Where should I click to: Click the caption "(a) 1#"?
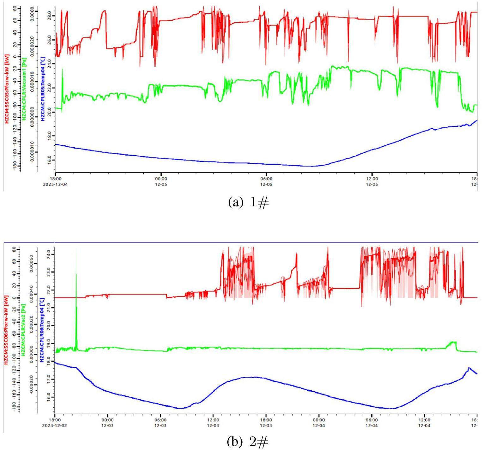coord(248,203)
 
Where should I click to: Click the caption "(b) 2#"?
coord(248,442)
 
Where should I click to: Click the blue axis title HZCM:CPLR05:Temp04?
coord(43,89)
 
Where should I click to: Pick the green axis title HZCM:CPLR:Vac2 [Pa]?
coord(23,330)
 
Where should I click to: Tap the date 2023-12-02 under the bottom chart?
coord(55,425)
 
